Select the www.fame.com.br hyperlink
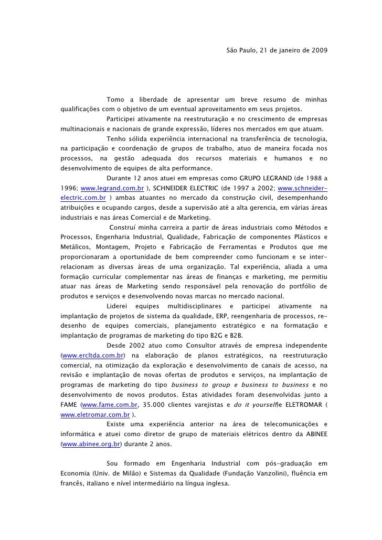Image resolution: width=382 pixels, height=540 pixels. pyautogui.click(x=110, y=405)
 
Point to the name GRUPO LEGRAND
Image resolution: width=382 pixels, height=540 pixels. pyautogui.click(x=264, y=178)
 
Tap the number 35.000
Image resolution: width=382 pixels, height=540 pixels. pyautogui.click(x=155, y=405)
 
